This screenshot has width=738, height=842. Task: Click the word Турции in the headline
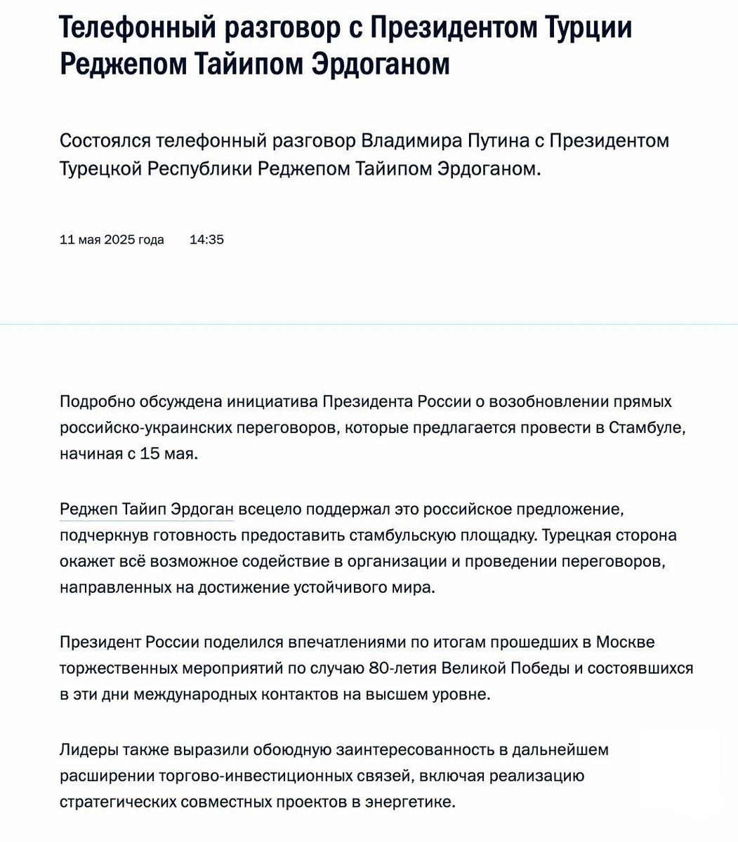tap(588, 28)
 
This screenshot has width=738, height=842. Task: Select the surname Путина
tap(496, 140)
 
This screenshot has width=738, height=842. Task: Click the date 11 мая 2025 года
tap(112, 240)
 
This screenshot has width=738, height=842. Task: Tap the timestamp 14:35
tap(206, 240)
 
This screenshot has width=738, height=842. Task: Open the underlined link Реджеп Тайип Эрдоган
tap(146, 509)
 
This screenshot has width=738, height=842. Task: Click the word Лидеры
tap(88, 749)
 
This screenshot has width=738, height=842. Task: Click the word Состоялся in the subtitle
tap(105, 140)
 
